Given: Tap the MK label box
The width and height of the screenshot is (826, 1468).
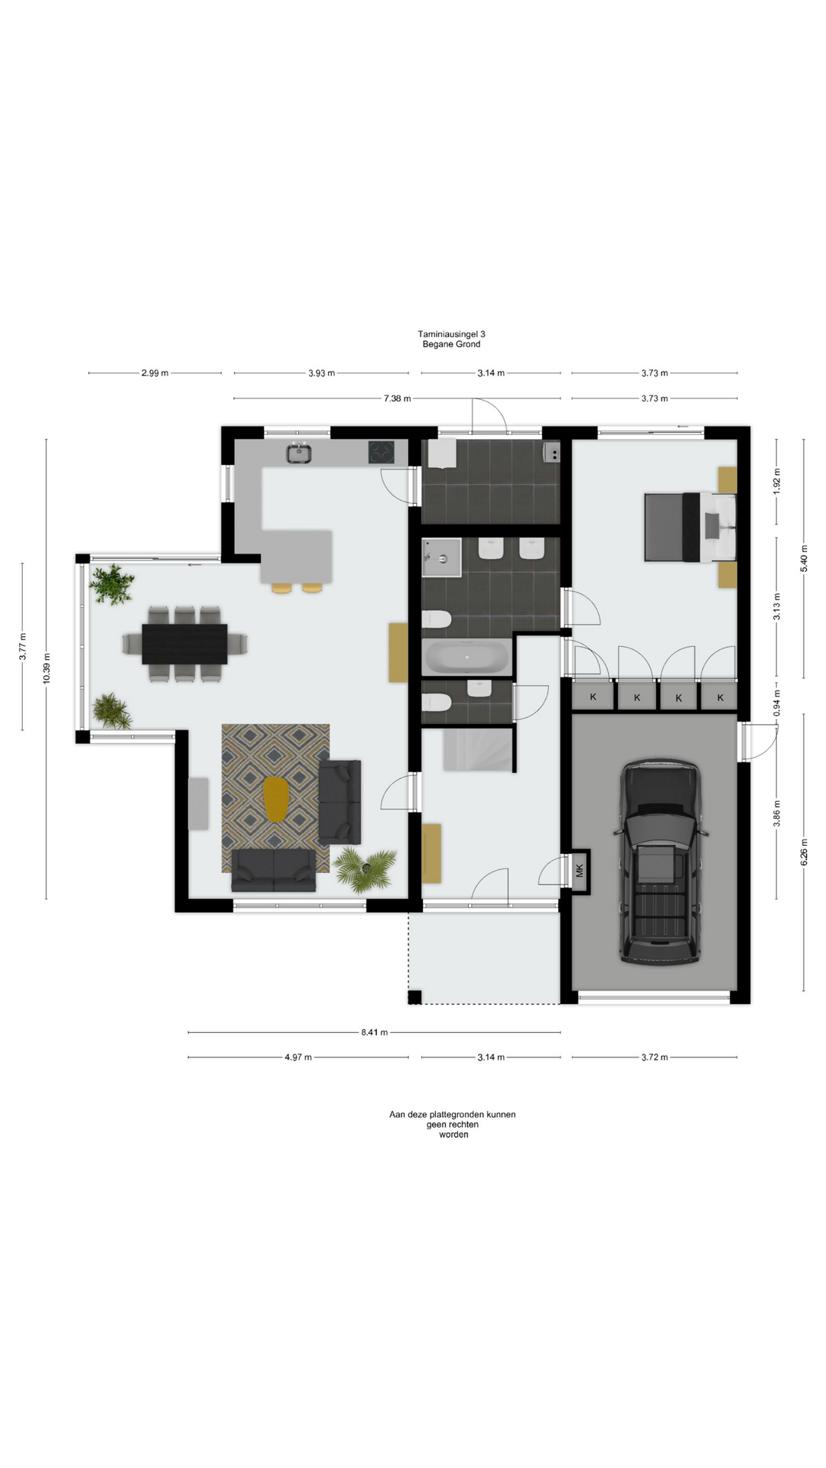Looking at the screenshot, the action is click(x=579, y=871).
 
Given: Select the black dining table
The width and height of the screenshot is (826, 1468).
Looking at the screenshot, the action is click(x=184, y=644).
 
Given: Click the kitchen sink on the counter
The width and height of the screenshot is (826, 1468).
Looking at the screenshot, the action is click(x=298, y=453).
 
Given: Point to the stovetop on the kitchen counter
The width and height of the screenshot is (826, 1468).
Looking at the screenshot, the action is click(x=381, y=452).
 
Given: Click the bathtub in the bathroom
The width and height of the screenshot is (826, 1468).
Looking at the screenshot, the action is click(x=466, y=657).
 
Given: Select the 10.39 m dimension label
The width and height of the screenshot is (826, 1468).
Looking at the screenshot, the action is click(x=47, y=669).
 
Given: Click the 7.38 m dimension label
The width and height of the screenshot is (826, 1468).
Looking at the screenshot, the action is click(x=397, y=398).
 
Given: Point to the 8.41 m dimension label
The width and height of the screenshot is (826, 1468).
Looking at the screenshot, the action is click(x=374, y=1032).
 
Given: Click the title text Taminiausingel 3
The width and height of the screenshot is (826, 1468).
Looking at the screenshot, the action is click(x=451, y=334).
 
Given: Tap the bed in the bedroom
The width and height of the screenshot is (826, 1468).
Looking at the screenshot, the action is click(x=690, y=528).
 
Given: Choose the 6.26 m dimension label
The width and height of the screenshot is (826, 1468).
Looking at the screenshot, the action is click(x=804, y=852).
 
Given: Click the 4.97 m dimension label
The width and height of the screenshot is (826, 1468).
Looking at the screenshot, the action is click(x=298, y=1057).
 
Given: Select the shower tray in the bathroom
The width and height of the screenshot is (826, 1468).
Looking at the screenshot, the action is click(x=442, y=557).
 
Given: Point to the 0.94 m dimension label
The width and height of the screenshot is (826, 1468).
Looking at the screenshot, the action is click(x=777, y=702).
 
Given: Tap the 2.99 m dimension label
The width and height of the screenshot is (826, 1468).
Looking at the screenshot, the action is click(x=154, y=373).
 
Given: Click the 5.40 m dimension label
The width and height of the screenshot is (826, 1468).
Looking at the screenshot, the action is click(x=804, y=558).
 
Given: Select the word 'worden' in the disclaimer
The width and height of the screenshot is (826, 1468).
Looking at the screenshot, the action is click(x=454, y=1135).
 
